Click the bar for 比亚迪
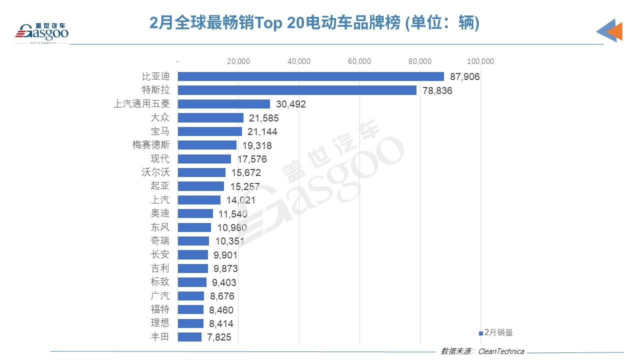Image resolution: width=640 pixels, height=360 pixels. coord(310,76)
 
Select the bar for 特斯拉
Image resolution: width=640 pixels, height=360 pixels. coord(297,90)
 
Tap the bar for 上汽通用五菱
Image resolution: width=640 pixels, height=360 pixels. coord(224,104)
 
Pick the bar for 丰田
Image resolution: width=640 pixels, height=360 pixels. coord(189,337)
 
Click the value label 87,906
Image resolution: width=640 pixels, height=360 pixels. coord(464,76)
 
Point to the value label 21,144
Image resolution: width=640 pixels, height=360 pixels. coord(262,131)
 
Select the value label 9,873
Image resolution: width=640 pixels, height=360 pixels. coord(225,268)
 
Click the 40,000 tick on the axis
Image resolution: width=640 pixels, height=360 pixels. coord(299,61)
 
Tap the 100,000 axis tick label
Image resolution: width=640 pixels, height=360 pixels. coord(480,61)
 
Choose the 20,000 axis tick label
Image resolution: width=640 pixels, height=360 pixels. coord(238,61)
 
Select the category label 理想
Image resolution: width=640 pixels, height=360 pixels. coord(160,323)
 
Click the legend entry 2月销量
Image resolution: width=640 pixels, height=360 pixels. coord(496,332)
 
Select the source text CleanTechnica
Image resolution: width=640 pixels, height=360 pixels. coord(501,351)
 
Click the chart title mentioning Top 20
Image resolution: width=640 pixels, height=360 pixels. coord(314,22)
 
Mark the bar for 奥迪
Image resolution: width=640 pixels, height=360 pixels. coord(195,213)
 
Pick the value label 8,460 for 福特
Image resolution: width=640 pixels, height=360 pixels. coord(221,310)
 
